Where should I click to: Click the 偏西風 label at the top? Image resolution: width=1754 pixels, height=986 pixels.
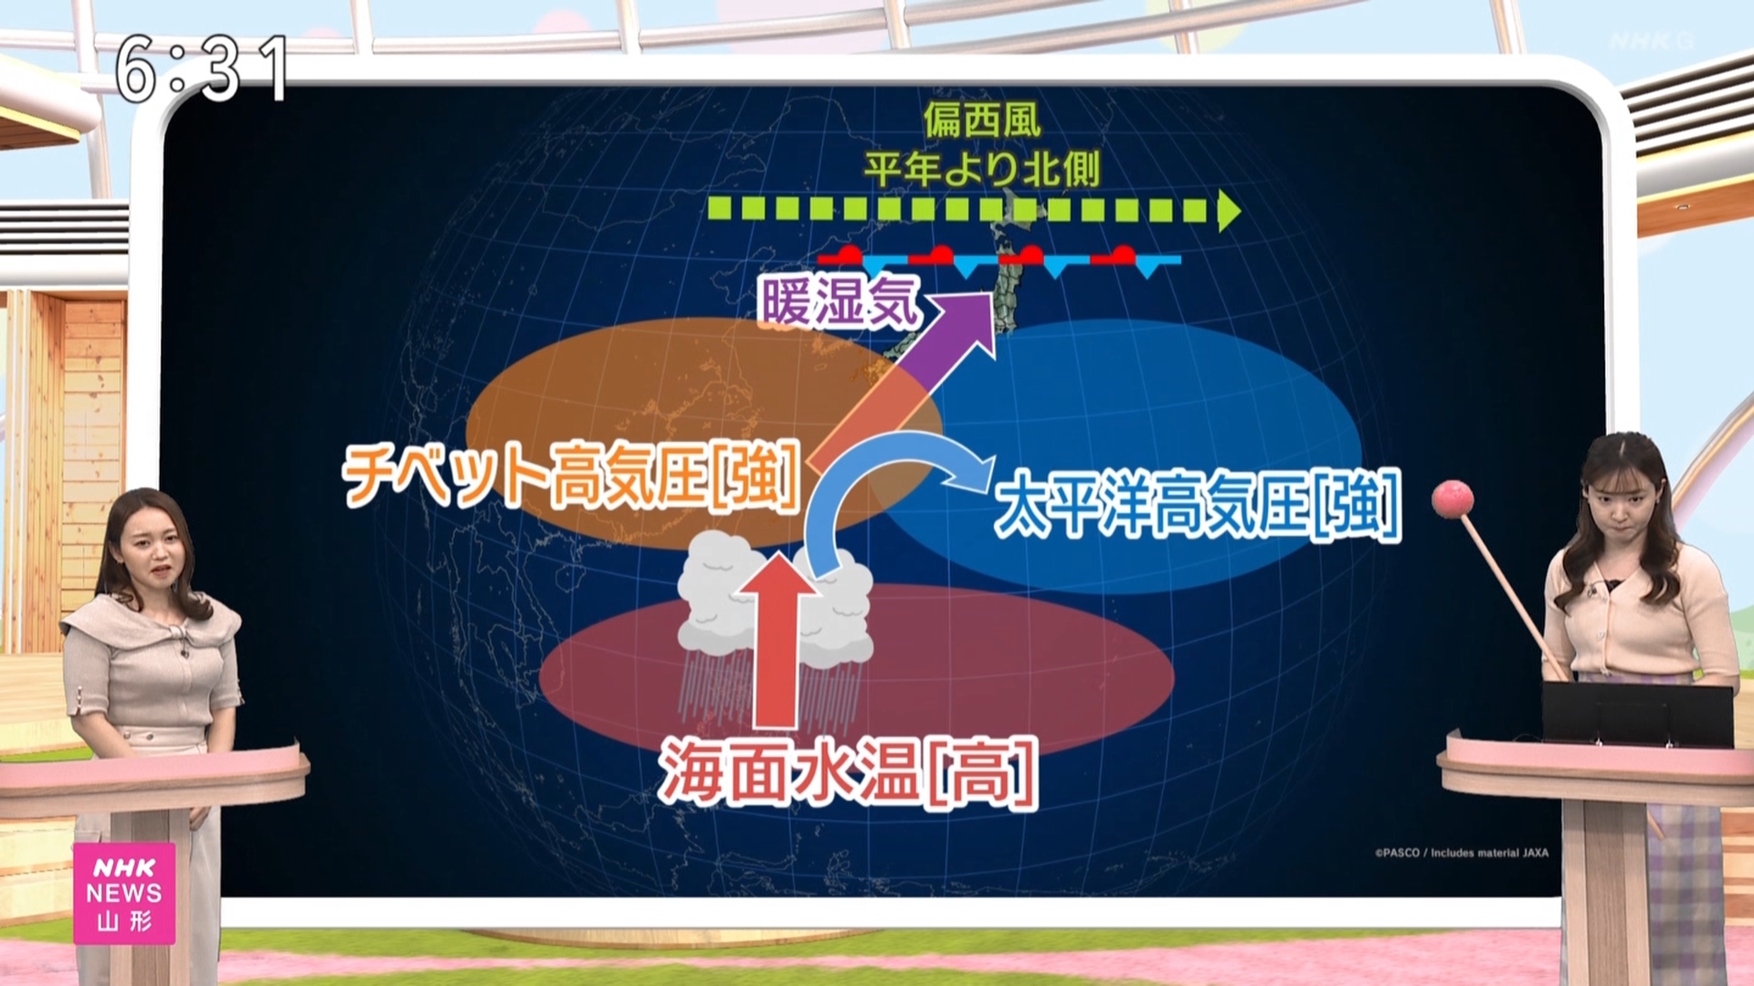click(982, 119)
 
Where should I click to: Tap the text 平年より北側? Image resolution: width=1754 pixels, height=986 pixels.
click(982, 169)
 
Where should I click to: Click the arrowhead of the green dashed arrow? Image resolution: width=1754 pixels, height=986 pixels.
click(1229, 211)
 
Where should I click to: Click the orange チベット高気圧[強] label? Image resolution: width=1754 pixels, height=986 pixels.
click(572, 475)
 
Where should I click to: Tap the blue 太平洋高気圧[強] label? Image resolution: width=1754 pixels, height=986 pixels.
click(1197, 504)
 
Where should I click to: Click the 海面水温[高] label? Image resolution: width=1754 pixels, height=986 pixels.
click(849, 774)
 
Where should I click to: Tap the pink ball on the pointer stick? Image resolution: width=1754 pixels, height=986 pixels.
click(1452, 498)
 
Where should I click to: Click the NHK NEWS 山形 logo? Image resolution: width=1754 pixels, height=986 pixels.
click(124, 893)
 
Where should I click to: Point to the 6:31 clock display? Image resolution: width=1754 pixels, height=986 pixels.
click(201, 68)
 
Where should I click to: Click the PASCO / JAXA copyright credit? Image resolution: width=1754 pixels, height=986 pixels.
click(1462, 853)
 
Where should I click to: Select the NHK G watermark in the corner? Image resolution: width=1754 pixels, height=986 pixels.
click(1652, 41)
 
